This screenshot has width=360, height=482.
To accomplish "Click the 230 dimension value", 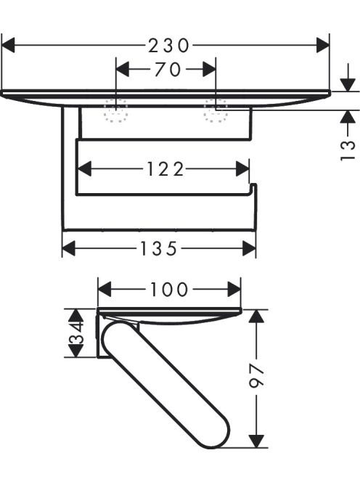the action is click(x=168, y=46).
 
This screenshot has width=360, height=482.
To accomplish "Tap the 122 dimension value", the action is click(x=165, y=168).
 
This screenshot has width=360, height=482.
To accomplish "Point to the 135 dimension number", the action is click(x=159, y=248).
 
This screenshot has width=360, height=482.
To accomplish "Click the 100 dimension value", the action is click(x=169, y=290).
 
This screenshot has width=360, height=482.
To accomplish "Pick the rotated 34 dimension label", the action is click(x=76, y=332).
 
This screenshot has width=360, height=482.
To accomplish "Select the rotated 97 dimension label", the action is click(x=257, y=375).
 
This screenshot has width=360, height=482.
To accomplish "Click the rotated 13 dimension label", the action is click(x=348, y=151).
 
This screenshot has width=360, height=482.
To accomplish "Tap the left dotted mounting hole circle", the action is click(x=115, y=111).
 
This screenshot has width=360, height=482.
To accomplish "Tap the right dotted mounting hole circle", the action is click(x=216, y=111).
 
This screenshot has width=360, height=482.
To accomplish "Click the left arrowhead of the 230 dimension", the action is click(x=8, y=45).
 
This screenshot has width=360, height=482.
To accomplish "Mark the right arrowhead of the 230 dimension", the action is click(x=323, y=45).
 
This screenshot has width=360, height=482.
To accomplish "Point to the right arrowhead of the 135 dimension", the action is click(x=249, y=248).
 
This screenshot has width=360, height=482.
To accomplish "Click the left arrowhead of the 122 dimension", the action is click(x=85, y=168).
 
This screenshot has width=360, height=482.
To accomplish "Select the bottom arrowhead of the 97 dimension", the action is click(x=256, y=441).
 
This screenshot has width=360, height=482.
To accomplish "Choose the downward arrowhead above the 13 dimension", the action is click(x=348, y=84).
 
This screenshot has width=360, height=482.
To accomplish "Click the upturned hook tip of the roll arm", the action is click(x=253, y=185).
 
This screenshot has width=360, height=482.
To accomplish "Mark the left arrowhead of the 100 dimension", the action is click(x=105, y=290).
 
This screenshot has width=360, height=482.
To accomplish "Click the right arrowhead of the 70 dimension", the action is click(x=209, y=69).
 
